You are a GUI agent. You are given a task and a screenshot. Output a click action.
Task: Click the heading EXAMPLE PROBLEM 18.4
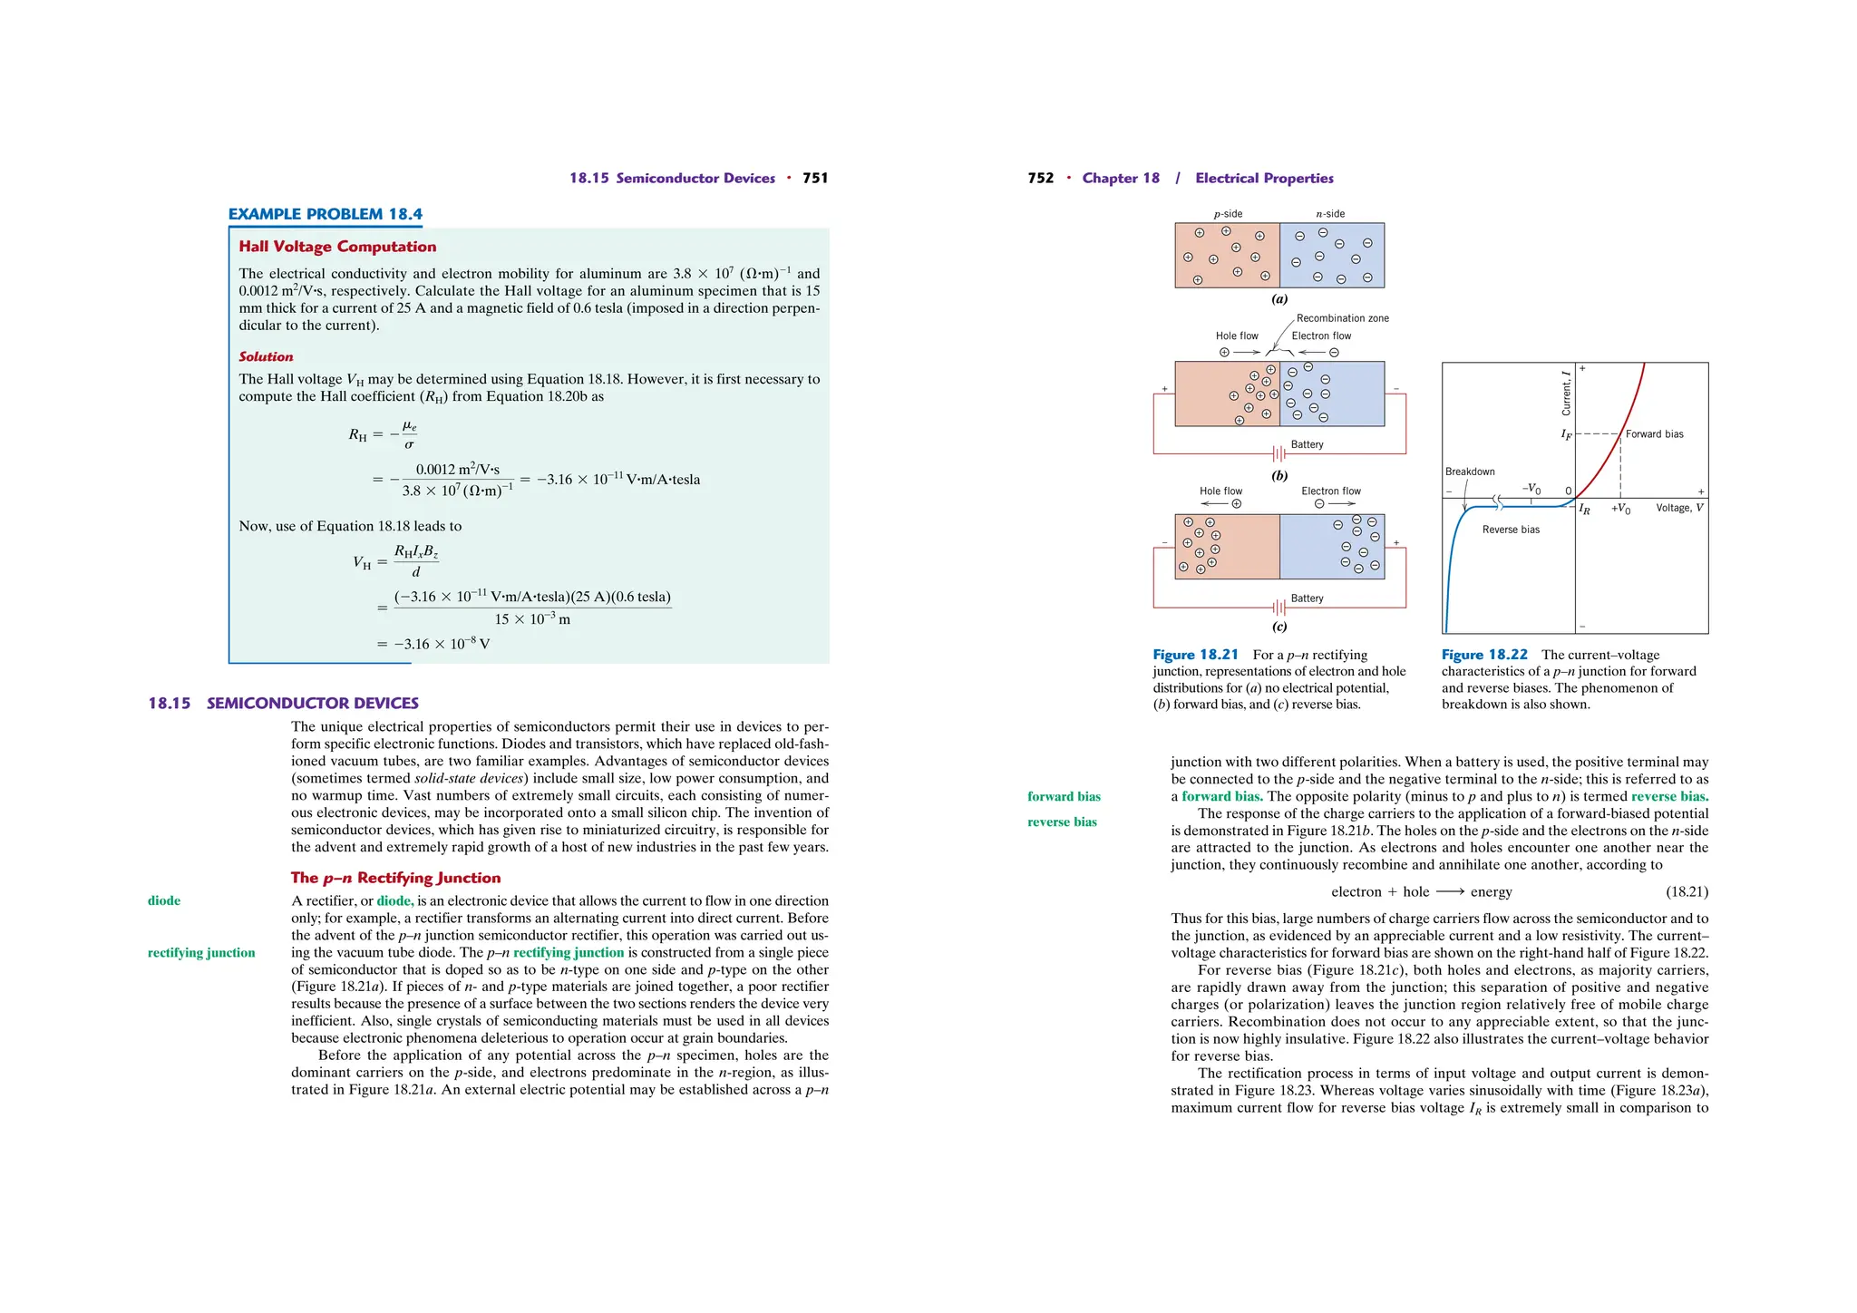point(325,214)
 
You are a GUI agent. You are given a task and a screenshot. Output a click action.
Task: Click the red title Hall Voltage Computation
point(337,247)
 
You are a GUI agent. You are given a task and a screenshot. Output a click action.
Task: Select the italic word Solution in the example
point(266,357)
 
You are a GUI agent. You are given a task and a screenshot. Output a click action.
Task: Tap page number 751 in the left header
point(815,178)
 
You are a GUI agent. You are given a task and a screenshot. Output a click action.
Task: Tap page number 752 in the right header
point(1040,178)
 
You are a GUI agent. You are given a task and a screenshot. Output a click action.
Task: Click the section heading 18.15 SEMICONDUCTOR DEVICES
point(283,703)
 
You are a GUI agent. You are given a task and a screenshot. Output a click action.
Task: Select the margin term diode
point(164,900)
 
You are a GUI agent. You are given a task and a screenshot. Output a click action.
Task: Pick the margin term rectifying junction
point(201,952)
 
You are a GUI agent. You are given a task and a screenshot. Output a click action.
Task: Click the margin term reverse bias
point(1062,822)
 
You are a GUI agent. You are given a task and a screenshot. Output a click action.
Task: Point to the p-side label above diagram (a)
point(1228,214)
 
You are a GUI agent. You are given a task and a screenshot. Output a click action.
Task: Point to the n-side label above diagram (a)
point(1330,214)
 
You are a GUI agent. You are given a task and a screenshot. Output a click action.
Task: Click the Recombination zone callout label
point(1342,318)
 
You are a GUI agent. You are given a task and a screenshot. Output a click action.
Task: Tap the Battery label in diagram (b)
point(1307,444)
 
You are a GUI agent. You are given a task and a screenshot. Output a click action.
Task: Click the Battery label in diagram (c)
point(1307,598)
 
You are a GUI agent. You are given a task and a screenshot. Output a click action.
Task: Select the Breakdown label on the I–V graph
point(1469,472)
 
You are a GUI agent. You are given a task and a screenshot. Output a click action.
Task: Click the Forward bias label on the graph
point(1654,434)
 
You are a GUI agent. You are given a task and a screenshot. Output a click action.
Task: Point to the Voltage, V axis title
point(1679,508)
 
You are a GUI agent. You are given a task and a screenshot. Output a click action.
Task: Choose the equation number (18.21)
point(1687,891)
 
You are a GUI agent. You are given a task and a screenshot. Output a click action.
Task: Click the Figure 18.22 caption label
point(1483,655)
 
